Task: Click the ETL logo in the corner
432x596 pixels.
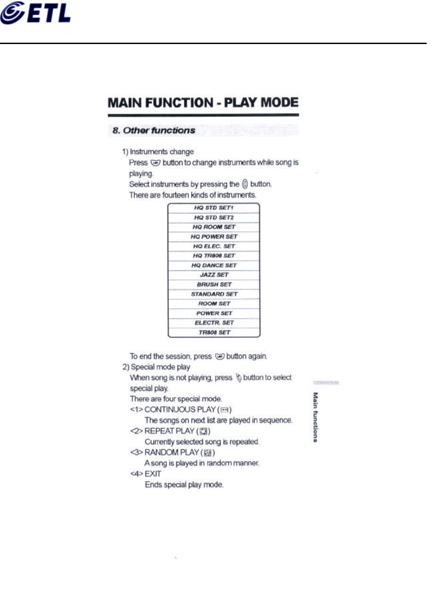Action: click(x=36, y=13)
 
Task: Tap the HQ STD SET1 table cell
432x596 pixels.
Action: click(x=214, y=208)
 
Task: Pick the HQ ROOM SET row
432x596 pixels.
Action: click(x=214, y=227)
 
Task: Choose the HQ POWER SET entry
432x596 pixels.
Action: click(x=214, y=237)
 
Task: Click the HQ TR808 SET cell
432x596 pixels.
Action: click(x=214, y=256)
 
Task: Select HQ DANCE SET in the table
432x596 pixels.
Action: click(x=214, y=266)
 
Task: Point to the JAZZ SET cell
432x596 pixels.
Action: click(x=214, y=275)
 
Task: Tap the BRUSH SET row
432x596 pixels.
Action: click(x=214, y=285)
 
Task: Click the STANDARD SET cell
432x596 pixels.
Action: click(x=214, y=294)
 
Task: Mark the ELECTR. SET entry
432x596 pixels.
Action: click(x=214, y=323)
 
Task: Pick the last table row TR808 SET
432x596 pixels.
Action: click(x=214, y=332)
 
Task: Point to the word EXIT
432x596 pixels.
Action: click(x=153, y=474)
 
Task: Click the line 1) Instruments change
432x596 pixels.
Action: click(x=158, y=152)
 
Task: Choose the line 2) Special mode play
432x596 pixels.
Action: click(x=156, y=367)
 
